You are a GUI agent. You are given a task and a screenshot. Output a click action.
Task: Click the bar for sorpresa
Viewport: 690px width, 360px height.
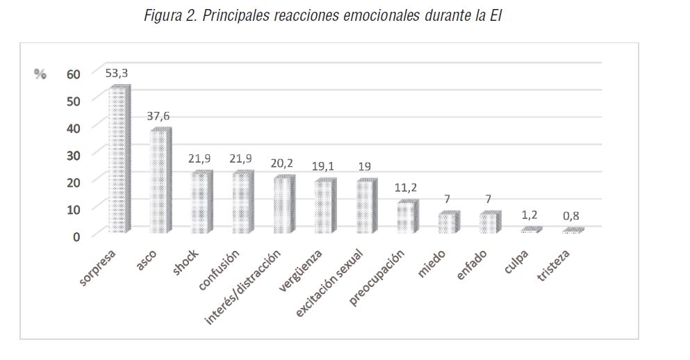119,161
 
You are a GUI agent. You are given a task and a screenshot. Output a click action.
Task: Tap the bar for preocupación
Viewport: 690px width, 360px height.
407,217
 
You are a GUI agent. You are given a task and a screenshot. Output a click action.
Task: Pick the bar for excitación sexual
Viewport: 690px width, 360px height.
366,206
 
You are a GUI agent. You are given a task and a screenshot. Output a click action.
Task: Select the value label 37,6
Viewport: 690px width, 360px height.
158,115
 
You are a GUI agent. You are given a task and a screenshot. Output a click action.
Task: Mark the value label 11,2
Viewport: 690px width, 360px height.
407,188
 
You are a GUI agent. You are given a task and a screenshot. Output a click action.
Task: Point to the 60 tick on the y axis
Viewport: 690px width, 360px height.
74,74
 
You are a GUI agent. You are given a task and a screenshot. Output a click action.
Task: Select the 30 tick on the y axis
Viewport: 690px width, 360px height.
74,154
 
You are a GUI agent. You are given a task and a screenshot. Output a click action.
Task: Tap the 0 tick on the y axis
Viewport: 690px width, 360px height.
76,236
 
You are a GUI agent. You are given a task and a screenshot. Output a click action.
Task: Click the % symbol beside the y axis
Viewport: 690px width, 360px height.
40,74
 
